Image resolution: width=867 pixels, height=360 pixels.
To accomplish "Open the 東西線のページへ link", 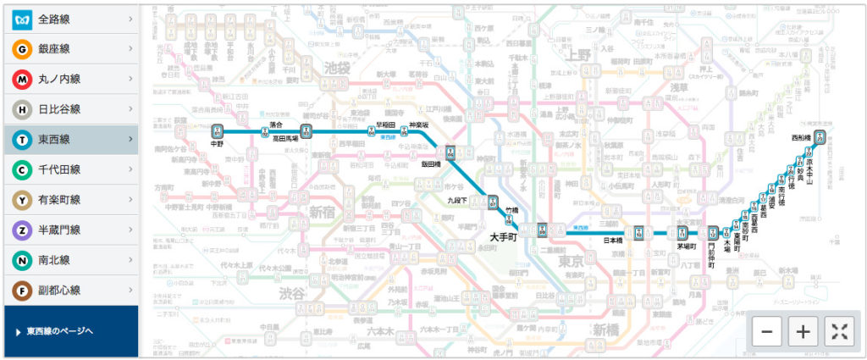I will pyautogui.click(x=59, y=331).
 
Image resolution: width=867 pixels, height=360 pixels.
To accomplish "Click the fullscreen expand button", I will pyautogui.click(x=839, y=331).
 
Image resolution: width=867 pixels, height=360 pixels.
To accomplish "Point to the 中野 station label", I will pyautogui.click(x=218, y=144).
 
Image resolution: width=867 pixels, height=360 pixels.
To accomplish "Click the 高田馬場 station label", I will pyautogui.click(x=289, y=136).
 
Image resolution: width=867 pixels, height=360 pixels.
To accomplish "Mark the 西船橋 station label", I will pyautogui.click(x=801, y=137).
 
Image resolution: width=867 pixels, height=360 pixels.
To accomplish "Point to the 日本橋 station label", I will pyautogui.click(x=613, y=240).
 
